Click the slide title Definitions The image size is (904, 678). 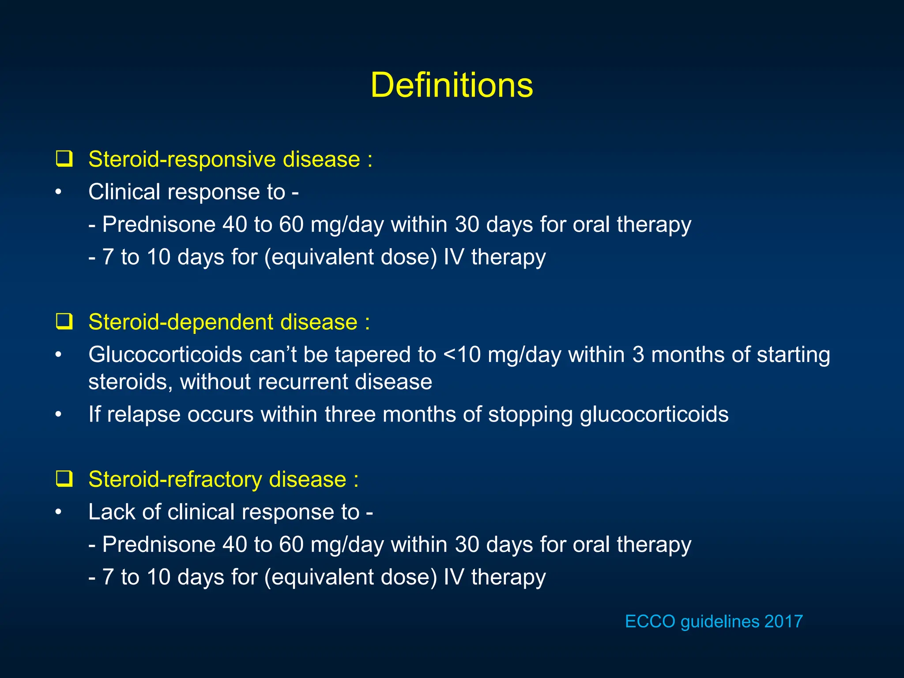(x=452, y=85)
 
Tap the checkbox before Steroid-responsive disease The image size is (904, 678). (x=64, y=159)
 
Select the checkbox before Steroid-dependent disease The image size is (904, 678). (x=64, y=322)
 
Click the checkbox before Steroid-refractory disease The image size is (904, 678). (x=64, y=479)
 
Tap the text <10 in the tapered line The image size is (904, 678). (x=461, y=354)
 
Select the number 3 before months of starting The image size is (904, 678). (x=638, y=354)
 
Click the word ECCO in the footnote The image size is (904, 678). (x=650, y=621)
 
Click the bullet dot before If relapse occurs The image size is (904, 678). (x=58, y=414)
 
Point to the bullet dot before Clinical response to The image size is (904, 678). (x=58, y=192)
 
